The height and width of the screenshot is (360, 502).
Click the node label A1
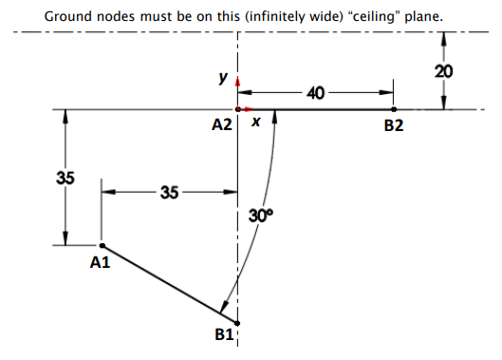click(100, 263)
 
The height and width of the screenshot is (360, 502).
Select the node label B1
click(224, 335)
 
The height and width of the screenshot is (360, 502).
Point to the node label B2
click(394, 126)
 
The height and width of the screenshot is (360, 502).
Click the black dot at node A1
click(102, 246)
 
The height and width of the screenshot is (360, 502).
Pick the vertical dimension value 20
click(443, 71)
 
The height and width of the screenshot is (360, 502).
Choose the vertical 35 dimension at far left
click(65, 178)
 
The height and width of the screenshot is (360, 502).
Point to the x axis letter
click(255, 123)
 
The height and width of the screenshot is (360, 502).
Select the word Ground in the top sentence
click(68, 16)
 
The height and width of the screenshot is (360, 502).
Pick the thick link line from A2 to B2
click(323, 109)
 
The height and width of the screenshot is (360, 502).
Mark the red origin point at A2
click(237, 109)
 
